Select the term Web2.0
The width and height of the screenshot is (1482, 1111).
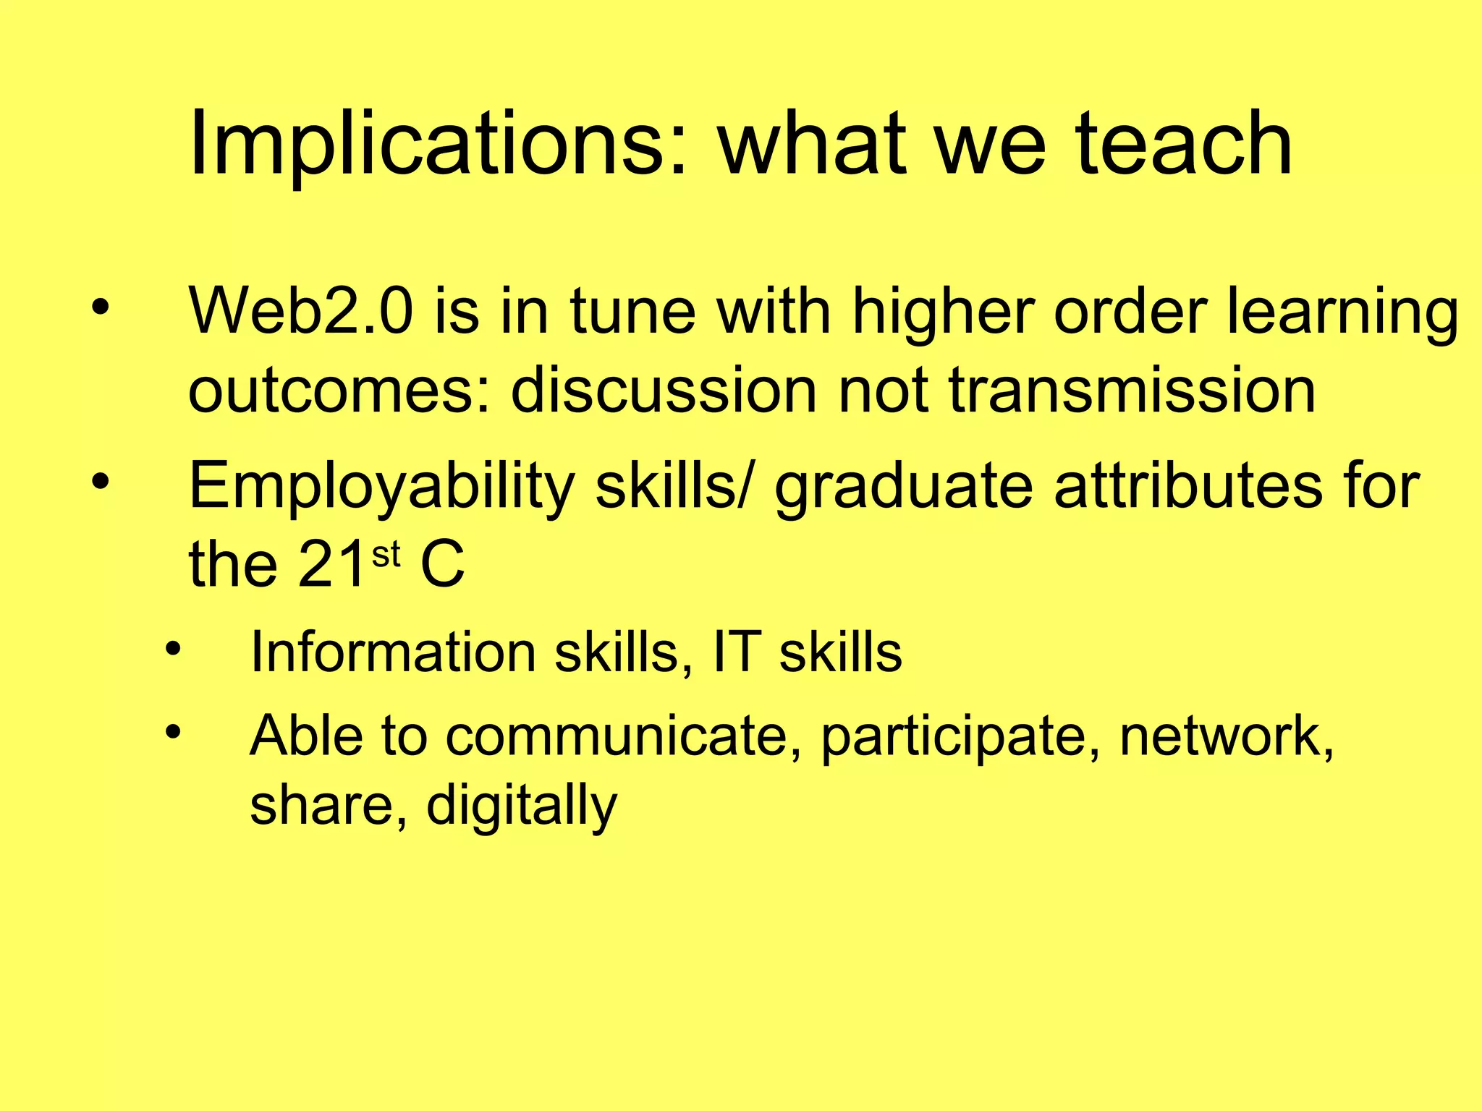tap(301, 312)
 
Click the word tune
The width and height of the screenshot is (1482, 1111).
tap(632, 312)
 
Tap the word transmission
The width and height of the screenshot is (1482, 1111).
tap(1132, 391)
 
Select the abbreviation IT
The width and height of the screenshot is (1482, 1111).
tap(737, 652)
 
